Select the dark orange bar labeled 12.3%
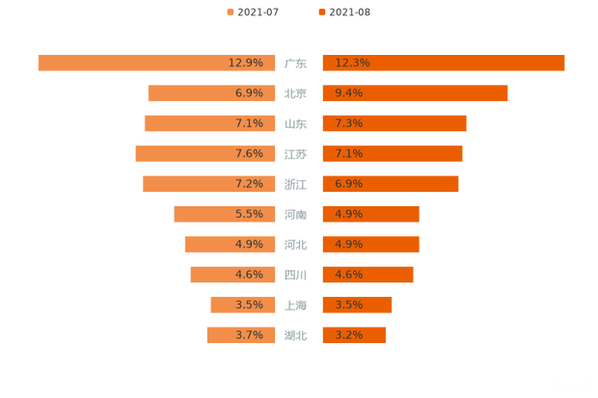(x=443, y=63)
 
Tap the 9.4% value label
(x=348, y=93)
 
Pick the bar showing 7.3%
(x=394, y=123)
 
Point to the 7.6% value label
(x=249, y=153)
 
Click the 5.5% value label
(x=249, y=214)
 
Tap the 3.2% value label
(x=348, y=335)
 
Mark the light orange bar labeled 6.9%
(x=213, y=93)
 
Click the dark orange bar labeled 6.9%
(x=390, y=184)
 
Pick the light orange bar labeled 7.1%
(x=211, y=123)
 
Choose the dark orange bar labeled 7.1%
(x=392, y=153)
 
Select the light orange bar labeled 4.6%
(x=234, y=275)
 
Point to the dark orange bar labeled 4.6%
(x=367, y=275)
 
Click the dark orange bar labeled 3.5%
(x=356, y=305)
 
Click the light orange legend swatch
(x=230, y=12)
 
